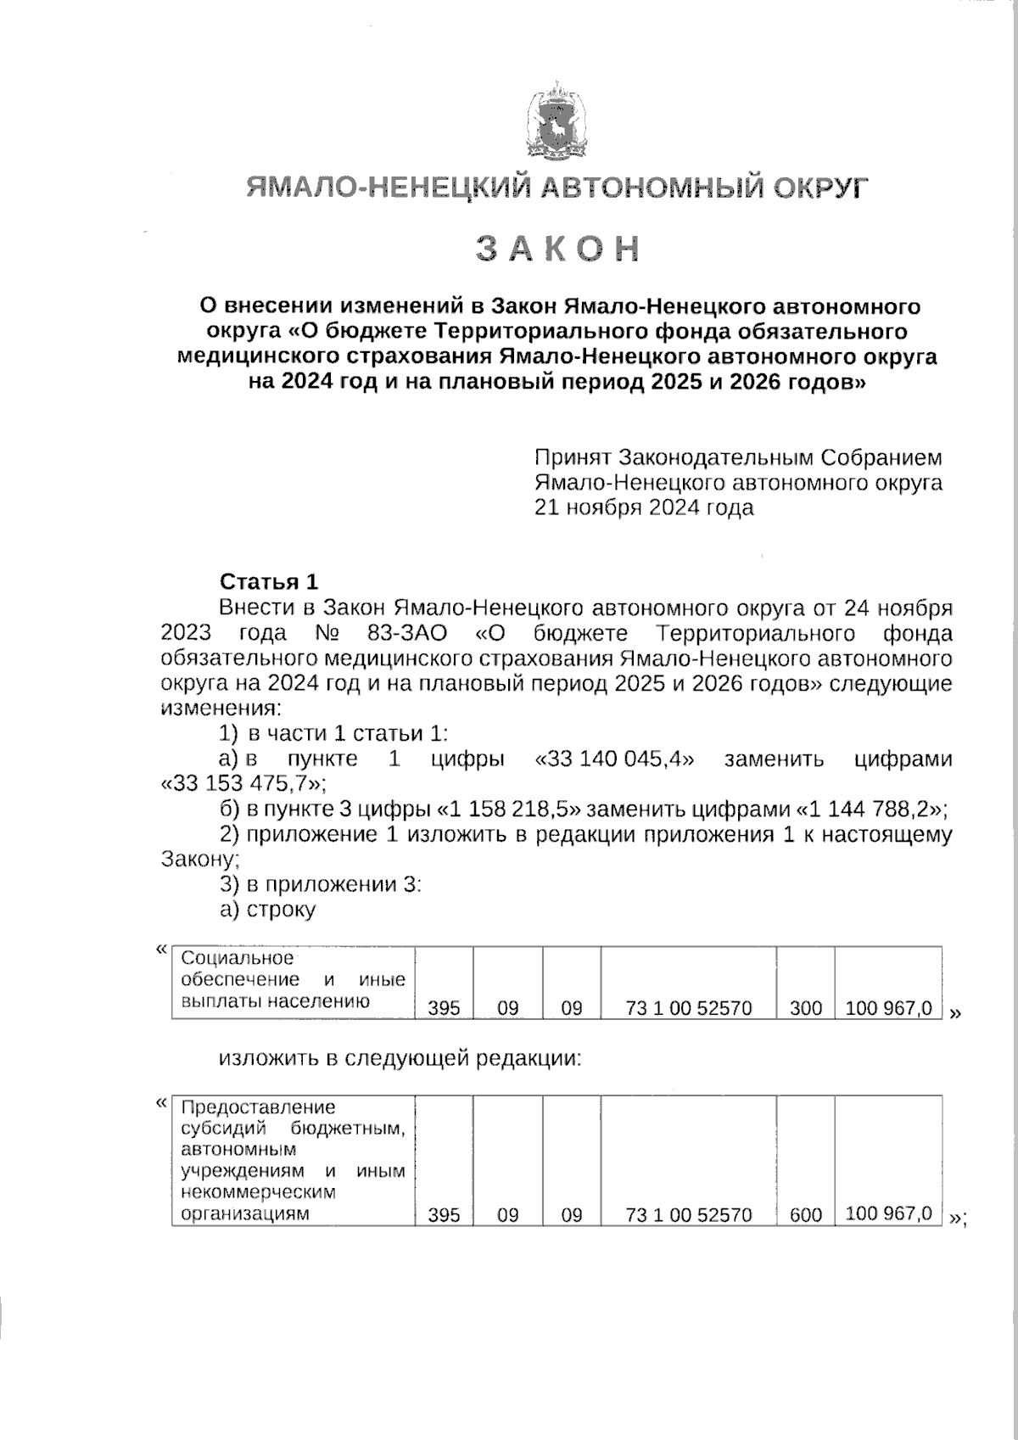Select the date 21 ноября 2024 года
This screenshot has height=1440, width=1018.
pyautogui.click(x=643, y=507)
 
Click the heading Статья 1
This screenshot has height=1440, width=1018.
pyautogui.click(x=269, y=582)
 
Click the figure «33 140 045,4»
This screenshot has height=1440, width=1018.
pyautogui.click(x=614, y=759)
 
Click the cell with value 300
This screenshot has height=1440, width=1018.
pyautogui.click(x=805, y=1008)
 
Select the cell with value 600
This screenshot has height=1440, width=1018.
pyautogui.click(x=805, y=1215)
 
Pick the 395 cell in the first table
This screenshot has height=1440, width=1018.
pyautogui.click(x=444, y=1008)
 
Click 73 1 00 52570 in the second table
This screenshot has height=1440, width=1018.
pyautogui.click(x=688, y=1215)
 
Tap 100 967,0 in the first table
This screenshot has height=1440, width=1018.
pyautogui.click(x=889, y=1008)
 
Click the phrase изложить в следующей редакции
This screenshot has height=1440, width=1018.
pyautogui.click(x=400, y=1058)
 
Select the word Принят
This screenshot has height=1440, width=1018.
pyautogui.click(x=573, y=458)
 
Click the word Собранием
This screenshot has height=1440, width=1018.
pyautogui.click(x=881, y=458)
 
